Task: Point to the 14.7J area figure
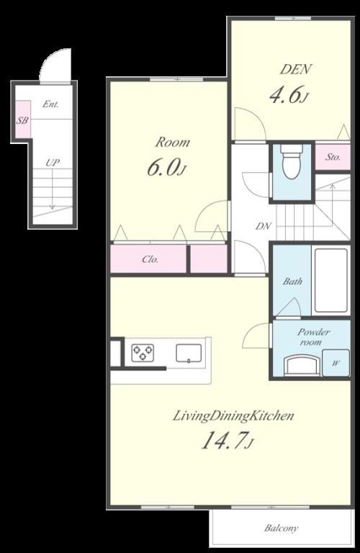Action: pos(226,441)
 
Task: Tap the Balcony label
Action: pos(281,528)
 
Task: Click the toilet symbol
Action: pos(292,163)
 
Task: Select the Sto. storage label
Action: pos(332,156)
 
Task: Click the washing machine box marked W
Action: pos(335,362)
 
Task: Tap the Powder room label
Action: pos(314,337)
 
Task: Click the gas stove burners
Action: pos(142,352)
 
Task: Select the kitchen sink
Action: pos(189,352)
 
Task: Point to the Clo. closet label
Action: pos(150,259)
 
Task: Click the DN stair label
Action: pos(264,226)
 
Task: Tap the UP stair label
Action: pos(52,163)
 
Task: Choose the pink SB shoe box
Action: pos(22,121)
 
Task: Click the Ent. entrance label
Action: pos(50,104)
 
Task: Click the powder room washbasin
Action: pos(300,364)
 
